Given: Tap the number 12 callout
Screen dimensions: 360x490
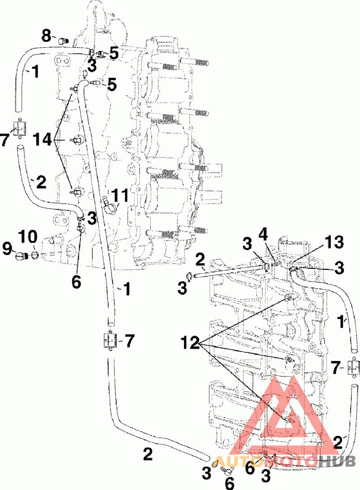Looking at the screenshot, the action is point(190,343).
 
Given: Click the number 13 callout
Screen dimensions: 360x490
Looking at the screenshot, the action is point(334,242).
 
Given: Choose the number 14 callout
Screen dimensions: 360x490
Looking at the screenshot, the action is point(43,139).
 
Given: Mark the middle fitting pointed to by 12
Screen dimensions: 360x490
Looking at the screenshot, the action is point(289,361).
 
